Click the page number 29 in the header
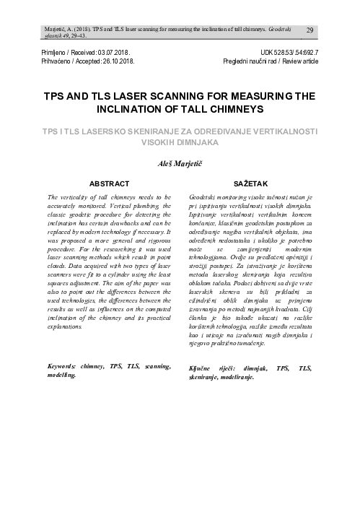tap(309, 30)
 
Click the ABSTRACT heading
tap(107, 183)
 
